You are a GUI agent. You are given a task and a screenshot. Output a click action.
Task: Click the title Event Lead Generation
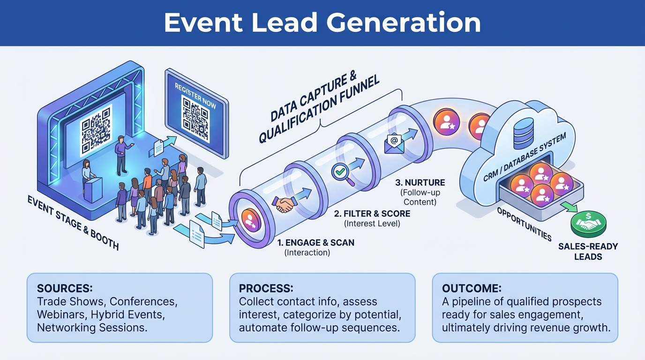[322, 22]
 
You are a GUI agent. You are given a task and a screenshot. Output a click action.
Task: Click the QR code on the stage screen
[96, 130]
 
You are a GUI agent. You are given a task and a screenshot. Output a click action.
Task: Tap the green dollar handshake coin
[588, 224]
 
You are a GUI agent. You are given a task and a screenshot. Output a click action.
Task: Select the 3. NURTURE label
[420, 183]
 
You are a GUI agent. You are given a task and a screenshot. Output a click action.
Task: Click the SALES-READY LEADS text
[588, 251]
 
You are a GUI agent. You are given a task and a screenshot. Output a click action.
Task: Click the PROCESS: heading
[266, 288]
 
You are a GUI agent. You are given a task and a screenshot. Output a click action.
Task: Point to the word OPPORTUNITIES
[524, 224]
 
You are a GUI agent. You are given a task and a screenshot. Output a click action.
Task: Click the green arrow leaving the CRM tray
[568, 206]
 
